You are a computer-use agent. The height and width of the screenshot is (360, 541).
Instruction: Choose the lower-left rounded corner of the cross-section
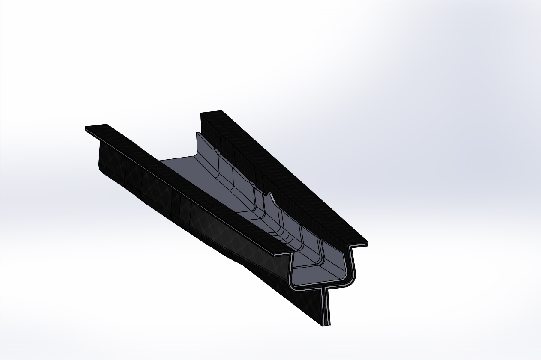click(x=292, y=283)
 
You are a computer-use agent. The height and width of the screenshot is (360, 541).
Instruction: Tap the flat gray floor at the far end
click(x=180, y=165)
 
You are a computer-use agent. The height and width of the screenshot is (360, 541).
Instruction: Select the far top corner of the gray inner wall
click(x=197, y=134)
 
